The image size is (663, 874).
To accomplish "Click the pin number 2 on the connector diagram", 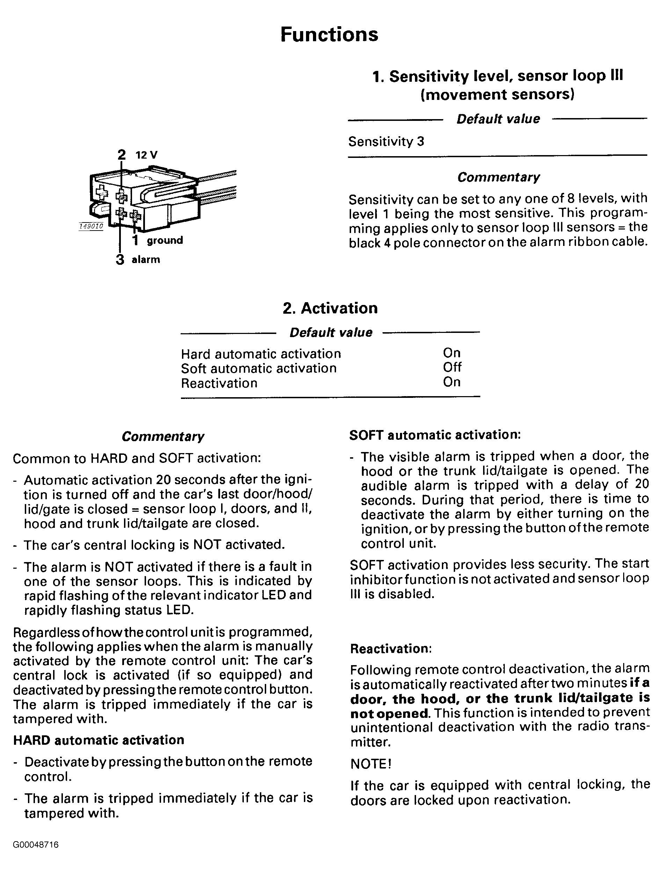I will (x=121, y=154).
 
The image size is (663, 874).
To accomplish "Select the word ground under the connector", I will (x=165, y=240).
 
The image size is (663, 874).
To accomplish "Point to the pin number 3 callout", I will (x=120, y=260).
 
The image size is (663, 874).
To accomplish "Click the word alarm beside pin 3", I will (x=146, y=260).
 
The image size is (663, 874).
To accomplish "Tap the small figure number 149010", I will (x=91, y=226).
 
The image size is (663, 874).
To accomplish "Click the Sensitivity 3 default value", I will (x=386, y=141).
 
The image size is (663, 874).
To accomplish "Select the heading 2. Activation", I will (x=330, y=308).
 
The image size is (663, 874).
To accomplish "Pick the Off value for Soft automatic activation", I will (x=452, y=367).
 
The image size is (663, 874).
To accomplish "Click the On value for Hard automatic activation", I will (x=452, y=353).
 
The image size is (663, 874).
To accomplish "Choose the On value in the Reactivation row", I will (x=452, y=382).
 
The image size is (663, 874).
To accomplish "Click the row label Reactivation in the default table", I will (x=219, y=383).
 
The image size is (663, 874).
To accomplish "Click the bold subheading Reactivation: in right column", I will (x=391, y=649).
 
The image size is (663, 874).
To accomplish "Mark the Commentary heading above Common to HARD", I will (x=163, y=436).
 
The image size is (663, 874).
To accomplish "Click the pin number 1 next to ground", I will (x=136, y=240).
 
